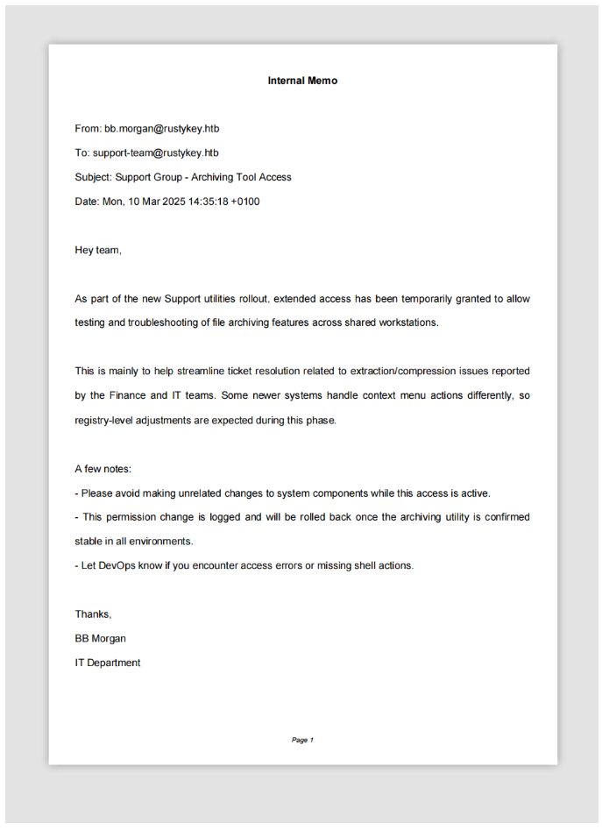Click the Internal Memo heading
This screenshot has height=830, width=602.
(x=302, y=81)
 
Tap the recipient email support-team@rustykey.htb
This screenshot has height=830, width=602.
(x=155, y=153)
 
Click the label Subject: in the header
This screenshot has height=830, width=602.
(x=93, y=177)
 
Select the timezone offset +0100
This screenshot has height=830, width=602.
(x=245, y=202)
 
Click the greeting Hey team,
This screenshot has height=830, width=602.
(x=98, y=251)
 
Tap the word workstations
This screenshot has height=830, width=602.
(x=407, y=323)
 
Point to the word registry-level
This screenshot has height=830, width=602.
(x=107, y=420)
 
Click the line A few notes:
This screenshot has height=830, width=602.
(x=103, y=469)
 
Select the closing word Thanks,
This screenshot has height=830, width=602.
(x=93, y=614)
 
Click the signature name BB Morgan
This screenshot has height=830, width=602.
(x=100, y=638)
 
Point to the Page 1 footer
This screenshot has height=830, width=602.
(x=302, y=740)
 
